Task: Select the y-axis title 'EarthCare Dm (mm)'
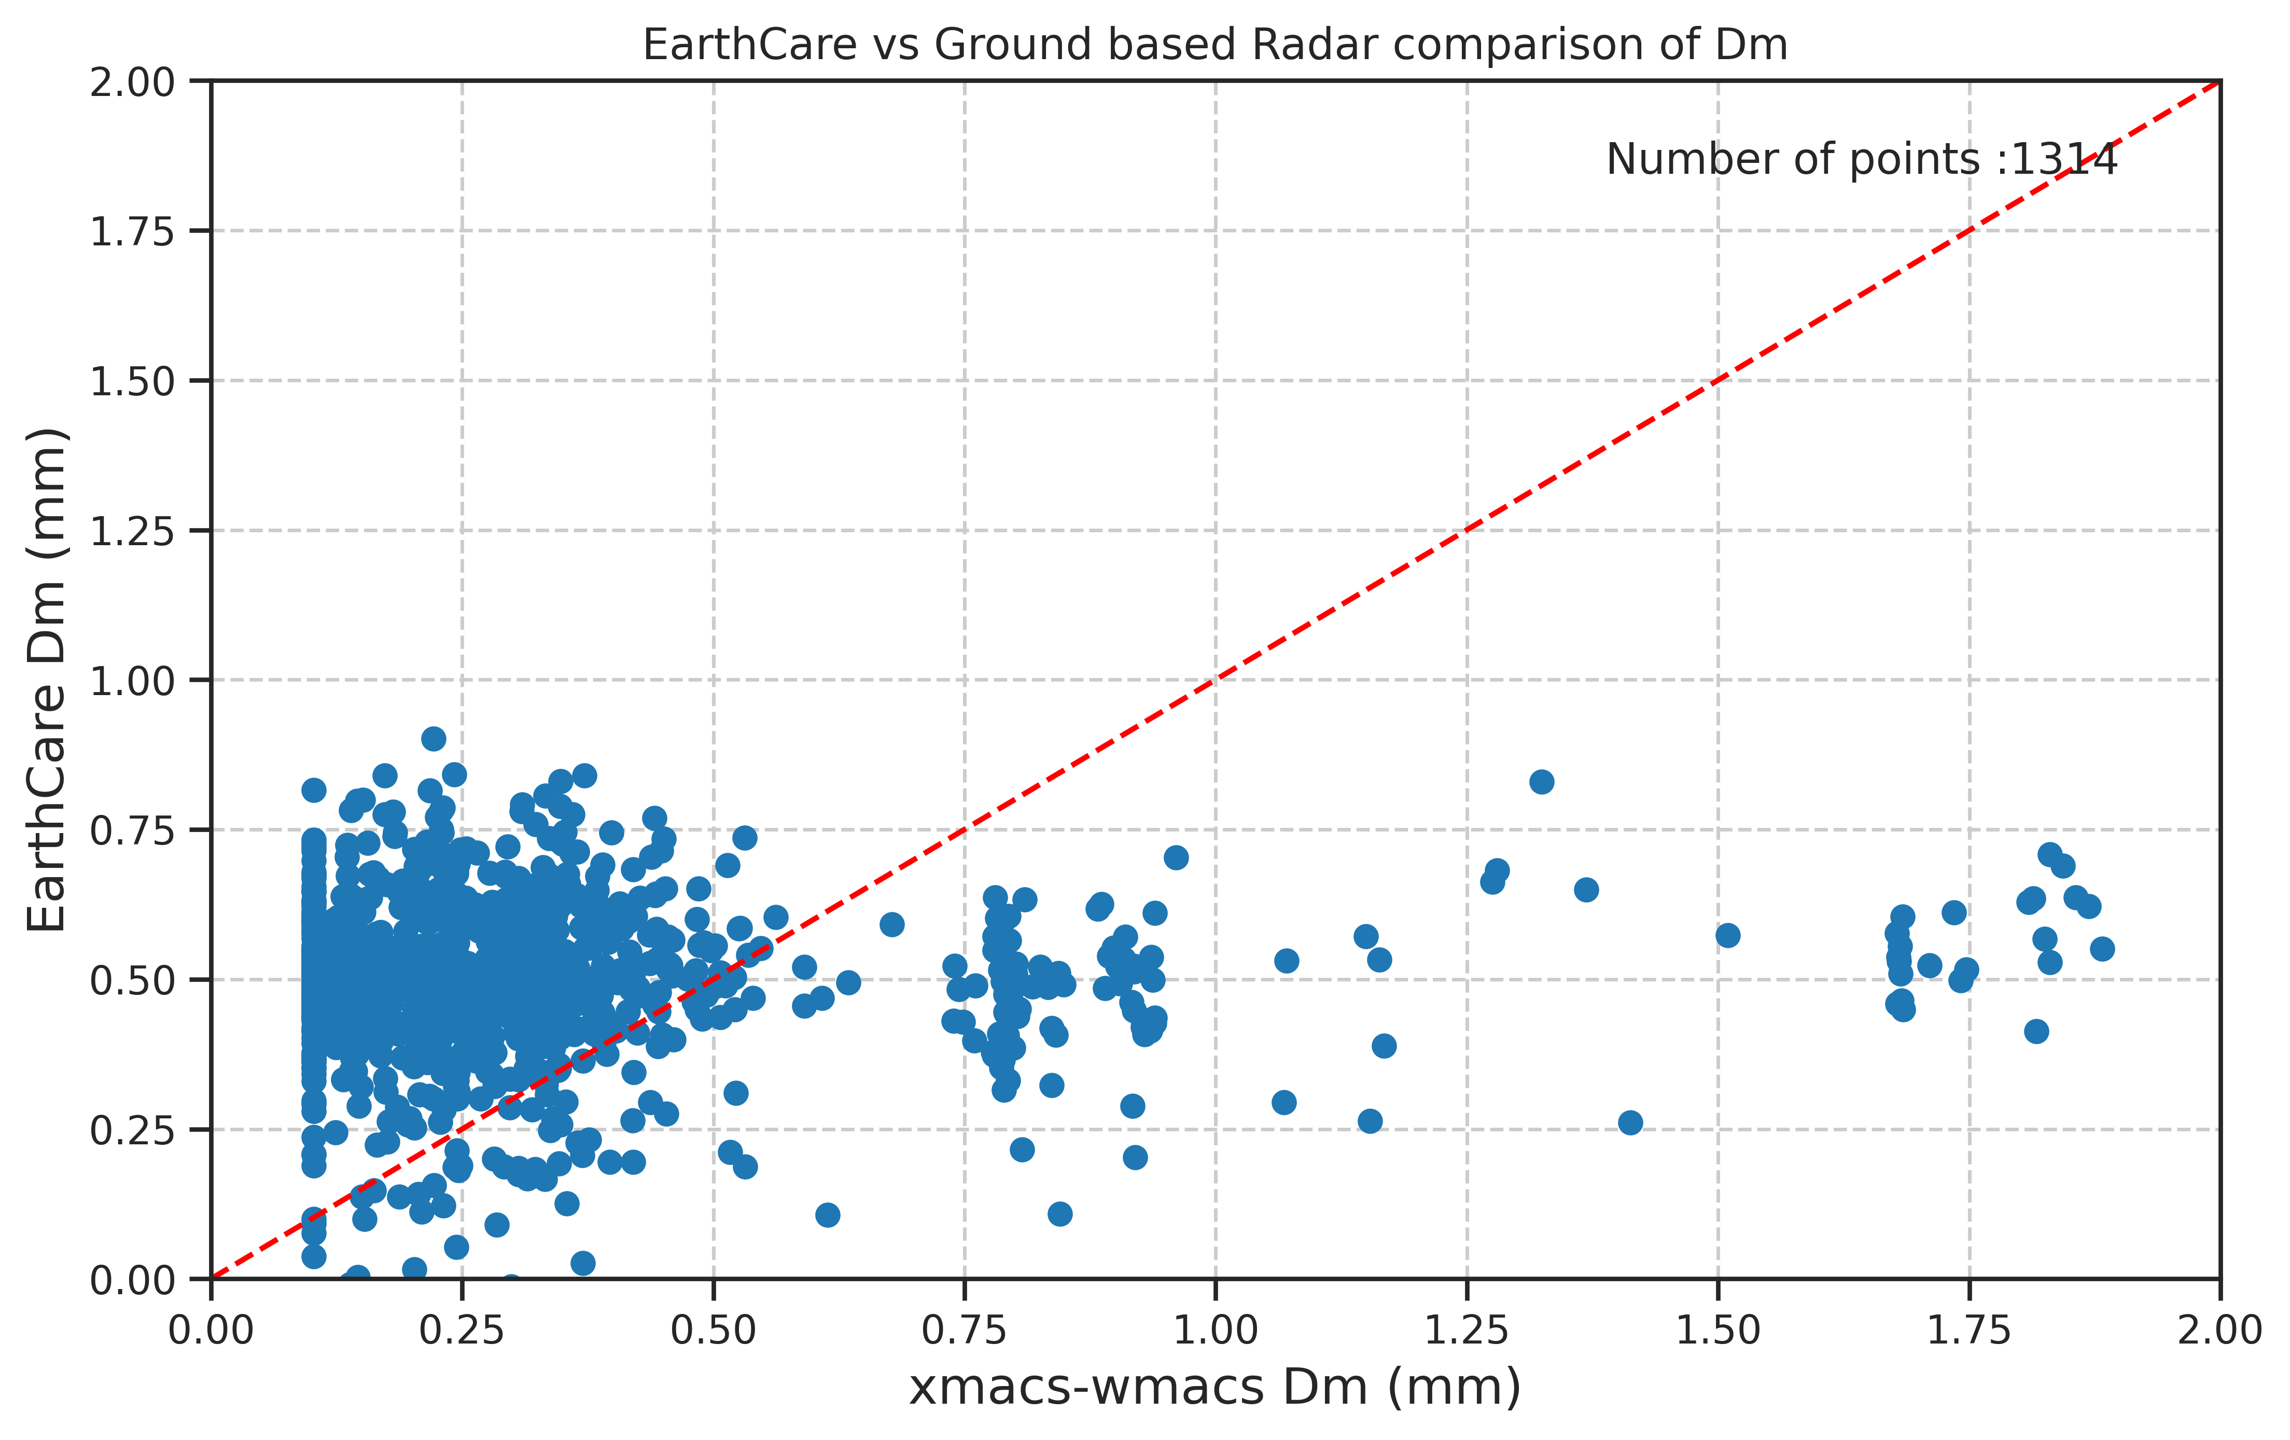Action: click(x=46, y=680)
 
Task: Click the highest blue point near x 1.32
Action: click(x=1542, y=782)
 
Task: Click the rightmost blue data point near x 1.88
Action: click(x=2102, y=948)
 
